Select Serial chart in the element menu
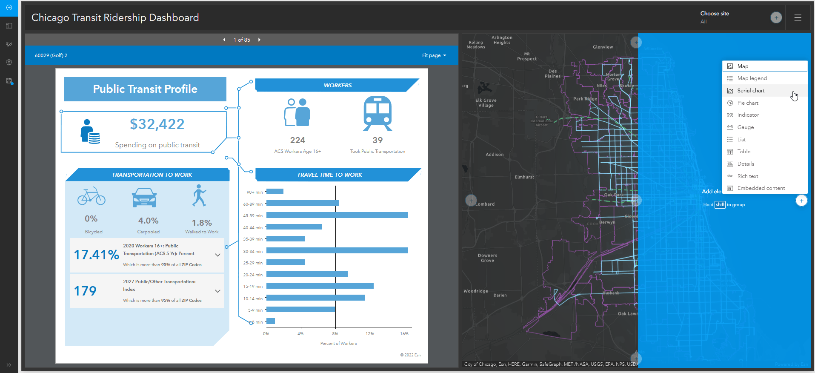click(751, 91)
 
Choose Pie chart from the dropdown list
click(748, 103)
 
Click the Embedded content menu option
click(761, 188)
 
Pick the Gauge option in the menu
click(745, 127)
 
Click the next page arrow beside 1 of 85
click(259, 40)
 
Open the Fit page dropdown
click(434, 55)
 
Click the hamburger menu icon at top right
click(798, 18)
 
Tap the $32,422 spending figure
click(157, 124)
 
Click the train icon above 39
click(377, 113)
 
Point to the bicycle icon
click(92, 196)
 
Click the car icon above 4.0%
click(144, 198)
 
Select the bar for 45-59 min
click(337, 215)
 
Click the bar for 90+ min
click(275, 192)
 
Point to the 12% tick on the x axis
click(370, 333)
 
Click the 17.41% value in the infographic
click(97, 255)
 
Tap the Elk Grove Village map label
click(486, 103)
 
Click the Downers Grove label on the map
click(487, 258)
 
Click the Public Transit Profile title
click(145, 89)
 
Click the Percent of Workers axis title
click(338, 344)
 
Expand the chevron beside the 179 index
click(217, 291)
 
